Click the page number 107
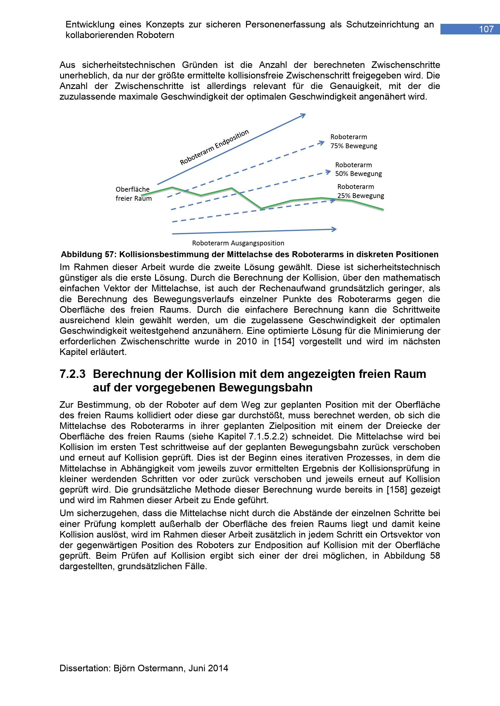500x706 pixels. pos(486,29)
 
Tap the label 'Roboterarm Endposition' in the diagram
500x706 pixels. pos(214,147)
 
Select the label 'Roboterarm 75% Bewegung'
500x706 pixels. pos(353,142)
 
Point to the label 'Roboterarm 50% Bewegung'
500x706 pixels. pos(359,169)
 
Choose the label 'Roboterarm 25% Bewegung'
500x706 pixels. pos(361,191)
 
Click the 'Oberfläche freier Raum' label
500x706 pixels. pos(133,194)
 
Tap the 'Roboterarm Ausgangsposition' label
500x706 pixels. pos(238,243)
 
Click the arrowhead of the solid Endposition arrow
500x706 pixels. pos(304,115)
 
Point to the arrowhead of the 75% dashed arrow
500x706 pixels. pos(322,143)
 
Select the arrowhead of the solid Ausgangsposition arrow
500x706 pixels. pos(335,229)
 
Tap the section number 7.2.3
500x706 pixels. pos(72,374)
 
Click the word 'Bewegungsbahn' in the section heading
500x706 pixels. pos(266,388)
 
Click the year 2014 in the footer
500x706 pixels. pos(218,668)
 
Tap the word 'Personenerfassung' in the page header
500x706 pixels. pos(285,24)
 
